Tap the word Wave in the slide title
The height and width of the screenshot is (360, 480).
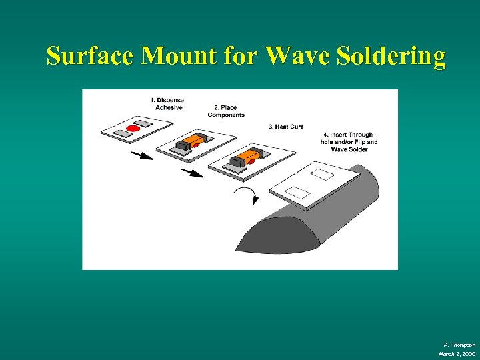click(x=297, y=56)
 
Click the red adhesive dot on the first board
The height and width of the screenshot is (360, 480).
click(x=133, y=127)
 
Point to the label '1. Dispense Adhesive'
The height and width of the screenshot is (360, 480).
click(x=167, y=104)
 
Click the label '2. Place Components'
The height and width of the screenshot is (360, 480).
click(x=226, y=111)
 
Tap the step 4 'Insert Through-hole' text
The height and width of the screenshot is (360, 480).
click(x=354, y=142)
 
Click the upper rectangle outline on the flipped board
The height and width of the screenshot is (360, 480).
click(x=323, y=174)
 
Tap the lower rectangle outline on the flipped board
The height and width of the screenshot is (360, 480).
click(x=297, y=193)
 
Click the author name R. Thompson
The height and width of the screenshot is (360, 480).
click(x=459, y=344)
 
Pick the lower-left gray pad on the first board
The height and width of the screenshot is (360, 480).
click(x=122, y=133)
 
